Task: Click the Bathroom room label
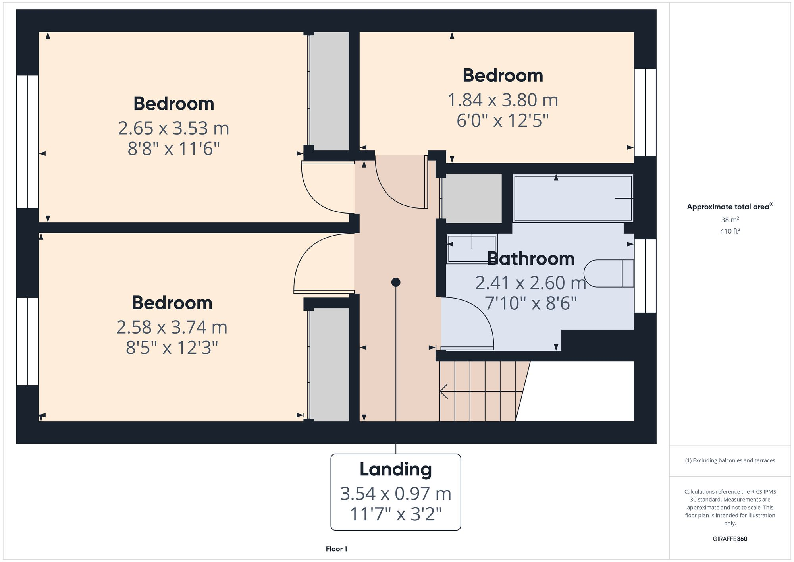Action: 530,259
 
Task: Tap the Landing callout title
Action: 395,469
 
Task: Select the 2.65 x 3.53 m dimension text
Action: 173,128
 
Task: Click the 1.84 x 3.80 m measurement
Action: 503,100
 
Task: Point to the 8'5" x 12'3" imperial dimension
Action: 172,348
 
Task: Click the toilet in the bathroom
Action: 607,273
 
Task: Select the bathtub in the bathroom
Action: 572,198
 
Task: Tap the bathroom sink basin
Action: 472,249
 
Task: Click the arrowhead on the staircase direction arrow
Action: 443,391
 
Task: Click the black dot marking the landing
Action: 395,282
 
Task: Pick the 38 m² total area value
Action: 730,220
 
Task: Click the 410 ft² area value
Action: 730,231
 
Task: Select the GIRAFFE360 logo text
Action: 730,539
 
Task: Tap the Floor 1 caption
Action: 336,549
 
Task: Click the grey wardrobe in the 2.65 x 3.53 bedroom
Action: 329,91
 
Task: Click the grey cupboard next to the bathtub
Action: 472,198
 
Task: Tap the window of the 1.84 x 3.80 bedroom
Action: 645,112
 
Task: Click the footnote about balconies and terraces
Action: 730,460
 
